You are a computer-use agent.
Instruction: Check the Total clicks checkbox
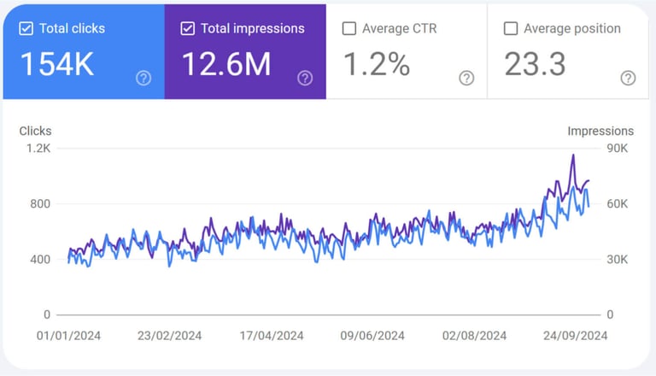[26, 28]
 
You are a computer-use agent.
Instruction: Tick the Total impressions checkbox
[187, 28]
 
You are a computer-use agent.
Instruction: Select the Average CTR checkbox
[348, 28]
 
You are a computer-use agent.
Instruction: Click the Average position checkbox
[511, 28]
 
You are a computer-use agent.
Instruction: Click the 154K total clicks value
[56, 64]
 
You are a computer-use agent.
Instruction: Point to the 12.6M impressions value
[226, 64]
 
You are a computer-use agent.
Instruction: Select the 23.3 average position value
[535, 64]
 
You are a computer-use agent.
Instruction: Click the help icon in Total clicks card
[143, 79]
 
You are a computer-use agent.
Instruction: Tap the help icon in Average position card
[628, 79]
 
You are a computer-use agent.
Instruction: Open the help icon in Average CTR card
[466, 79]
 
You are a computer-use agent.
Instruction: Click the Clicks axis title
[35, 131]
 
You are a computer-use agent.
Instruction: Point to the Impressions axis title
[600, 131]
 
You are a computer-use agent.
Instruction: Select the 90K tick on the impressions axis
[617, 149]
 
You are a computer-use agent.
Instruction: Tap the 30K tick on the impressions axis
[617, 259]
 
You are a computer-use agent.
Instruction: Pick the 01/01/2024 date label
[68, 336]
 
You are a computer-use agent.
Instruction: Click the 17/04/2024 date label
[272, 336]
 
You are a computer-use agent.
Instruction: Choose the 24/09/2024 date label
[576, 336]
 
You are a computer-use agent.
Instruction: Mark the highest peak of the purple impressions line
[573, 155]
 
